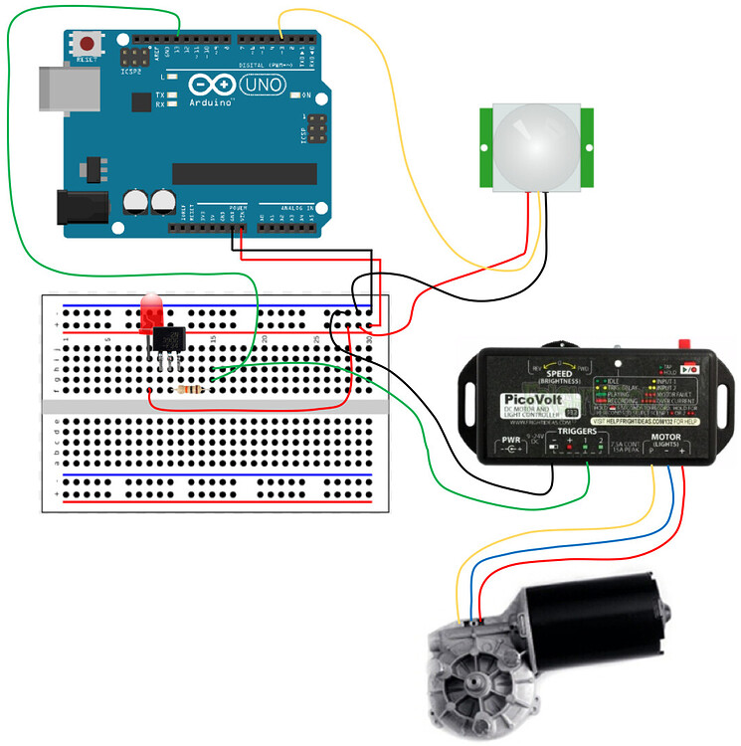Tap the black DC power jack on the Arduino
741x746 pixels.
click(x=81, y=208)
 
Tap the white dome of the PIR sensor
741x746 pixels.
click(x=534, y=145)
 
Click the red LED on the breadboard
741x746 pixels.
click(x=152, y=314)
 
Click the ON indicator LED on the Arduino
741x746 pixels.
click(x=294, y=95)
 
